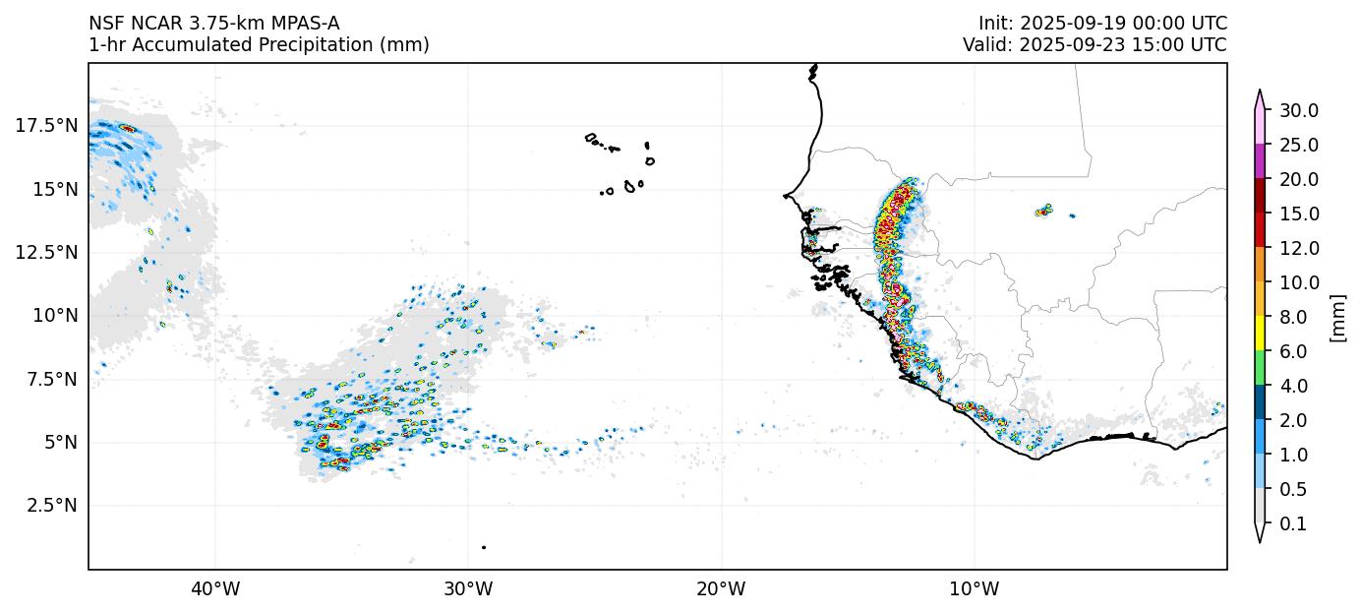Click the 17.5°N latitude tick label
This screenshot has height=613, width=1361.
point(46,125)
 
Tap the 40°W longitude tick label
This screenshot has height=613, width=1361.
point(214,589)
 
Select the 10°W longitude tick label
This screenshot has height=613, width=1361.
point(974,589)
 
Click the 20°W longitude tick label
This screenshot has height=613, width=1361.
point(721,589)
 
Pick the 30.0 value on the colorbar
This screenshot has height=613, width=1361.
point(1298,110)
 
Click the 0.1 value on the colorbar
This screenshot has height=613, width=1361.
point(1293,524)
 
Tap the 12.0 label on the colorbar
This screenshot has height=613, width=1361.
point(1298,248)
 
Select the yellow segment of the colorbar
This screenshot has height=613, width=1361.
point(1260,334)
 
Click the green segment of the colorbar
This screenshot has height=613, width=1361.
point(1260,368)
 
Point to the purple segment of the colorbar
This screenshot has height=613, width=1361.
point(1260,161)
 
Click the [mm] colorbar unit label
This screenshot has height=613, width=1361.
point(1337,317)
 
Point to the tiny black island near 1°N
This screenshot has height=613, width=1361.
point(484,547)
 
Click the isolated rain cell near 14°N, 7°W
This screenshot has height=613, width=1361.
point(1044,211)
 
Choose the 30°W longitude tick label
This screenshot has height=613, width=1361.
point(468,589)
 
